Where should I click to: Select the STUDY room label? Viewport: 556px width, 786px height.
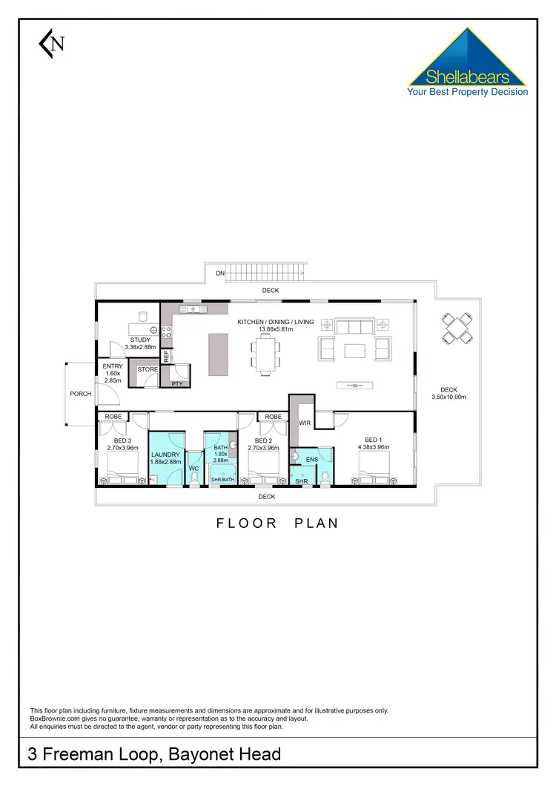(140, 340)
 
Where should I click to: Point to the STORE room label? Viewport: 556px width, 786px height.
(148, 369)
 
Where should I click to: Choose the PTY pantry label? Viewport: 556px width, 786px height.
(177, 383)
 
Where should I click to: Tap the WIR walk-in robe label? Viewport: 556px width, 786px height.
(304, 423)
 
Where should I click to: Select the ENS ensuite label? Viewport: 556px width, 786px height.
(312, 460)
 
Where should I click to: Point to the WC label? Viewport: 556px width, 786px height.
(193, 469)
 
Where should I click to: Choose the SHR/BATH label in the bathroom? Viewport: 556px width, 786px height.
(222, 480)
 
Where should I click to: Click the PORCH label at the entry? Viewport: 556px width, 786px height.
(80, 394)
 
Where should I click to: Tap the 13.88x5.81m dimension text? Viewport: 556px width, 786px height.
(275, 329)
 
